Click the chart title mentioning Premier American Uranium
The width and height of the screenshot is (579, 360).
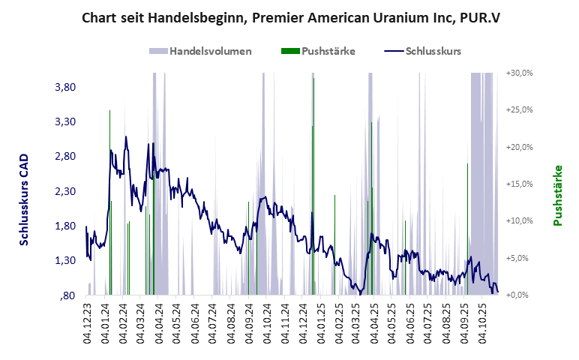(x=289, y=17)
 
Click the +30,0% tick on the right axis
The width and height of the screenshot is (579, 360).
(x=518, y=73)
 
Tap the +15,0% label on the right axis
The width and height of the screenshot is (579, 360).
(x=518, y=184)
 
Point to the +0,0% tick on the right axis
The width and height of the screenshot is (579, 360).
(x=520, y=295)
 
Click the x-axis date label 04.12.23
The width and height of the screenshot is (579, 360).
(x=88, y=322)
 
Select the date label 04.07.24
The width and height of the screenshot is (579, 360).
(x=213, y=322)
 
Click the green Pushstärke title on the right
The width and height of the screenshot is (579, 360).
(x=557, y=195)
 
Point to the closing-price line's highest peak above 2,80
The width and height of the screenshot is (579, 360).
(x=126, y=137)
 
